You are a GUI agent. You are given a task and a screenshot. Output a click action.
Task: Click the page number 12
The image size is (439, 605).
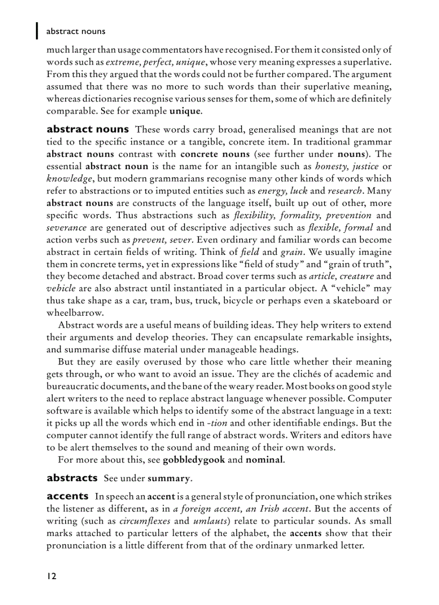pos(51,576)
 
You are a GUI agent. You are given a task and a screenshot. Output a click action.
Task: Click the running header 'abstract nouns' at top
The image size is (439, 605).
pos(76,31)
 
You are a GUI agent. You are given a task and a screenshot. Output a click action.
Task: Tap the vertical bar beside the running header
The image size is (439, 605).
pos(37,31)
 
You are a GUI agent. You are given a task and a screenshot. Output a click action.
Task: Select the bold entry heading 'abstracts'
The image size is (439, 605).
pos(72,478)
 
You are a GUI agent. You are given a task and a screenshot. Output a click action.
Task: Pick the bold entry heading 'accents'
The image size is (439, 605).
pos(68,496)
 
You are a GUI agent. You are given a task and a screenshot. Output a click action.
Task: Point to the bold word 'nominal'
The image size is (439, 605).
pos(264,460)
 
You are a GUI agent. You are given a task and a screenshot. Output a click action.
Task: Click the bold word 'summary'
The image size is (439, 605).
pos(169,478)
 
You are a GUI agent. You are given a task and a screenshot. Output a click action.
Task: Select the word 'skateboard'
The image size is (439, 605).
pos(356,301)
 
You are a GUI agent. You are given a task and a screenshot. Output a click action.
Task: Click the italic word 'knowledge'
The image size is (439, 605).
pos(69,178)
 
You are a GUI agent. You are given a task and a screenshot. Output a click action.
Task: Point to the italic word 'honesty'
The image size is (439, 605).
pos(332,166)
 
